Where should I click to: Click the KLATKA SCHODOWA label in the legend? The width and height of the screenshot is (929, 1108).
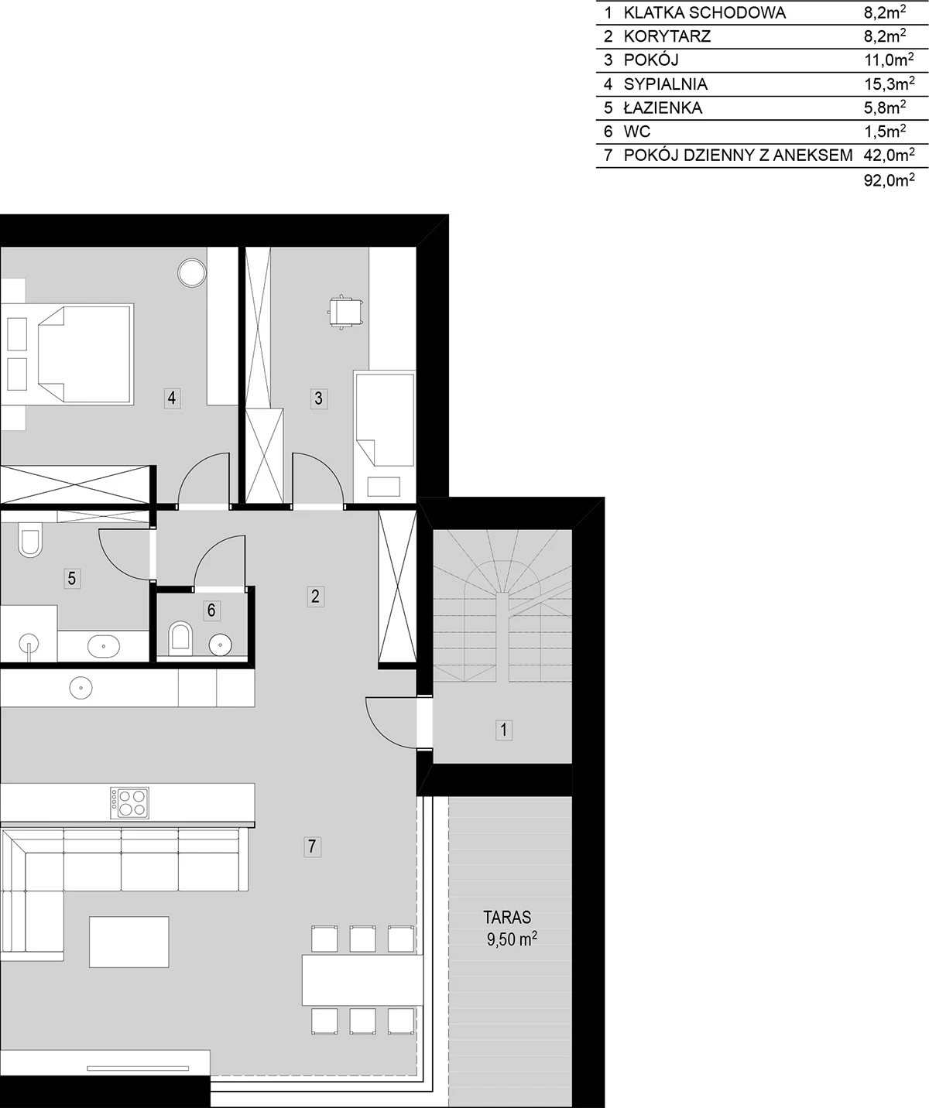click(704, 12)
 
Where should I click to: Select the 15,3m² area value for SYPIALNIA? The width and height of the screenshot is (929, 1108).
click(890, 84)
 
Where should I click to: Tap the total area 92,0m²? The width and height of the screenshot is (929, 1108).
click(890, 180)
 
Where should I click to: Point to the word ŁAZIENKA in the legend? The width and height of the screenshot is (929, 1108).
click(663, 108)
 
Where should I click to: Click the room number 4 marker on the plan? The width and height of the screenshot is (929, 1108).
click(171, 398)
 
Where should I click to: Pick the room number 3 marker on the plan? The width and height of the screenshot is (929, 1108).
click(318, 398)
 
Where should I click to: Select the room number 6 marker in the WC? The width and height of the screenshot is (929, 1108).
click(211, 610)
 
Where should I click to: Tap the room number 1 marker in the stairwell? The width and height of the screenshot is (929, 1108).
click(504, 730)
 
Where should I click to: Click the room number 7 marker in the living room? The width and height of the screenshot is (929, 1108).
click(312, 846)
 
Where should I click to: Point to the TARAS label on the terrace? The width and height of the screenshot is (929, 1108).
click(507, 917)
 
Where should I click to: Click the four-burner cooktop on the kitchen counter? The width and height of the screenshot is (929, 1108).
click(129, 803)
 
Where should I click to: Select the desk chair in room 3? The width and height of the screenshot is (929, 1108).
click(345, 312)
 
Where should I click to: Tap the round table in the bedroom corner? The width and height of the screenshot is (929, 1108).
click(192, 273)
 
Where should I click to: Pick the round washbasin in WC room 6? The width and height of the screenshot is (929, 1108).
click(221, 645)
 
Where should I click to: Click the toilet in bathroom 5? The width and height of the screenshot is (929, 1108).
click(30, 540)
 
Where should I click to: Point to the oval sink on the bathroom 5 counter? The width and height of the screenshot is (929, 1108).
click(104, 646)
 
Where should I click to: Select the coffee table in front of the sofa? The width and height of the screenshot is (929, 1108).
click(129, 942)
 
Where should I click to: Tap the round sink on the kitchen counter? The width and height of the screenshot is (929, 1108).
click(81, 689)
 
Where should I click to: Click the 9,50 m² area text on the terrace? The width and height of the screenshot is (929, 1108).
click(512, 939)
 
